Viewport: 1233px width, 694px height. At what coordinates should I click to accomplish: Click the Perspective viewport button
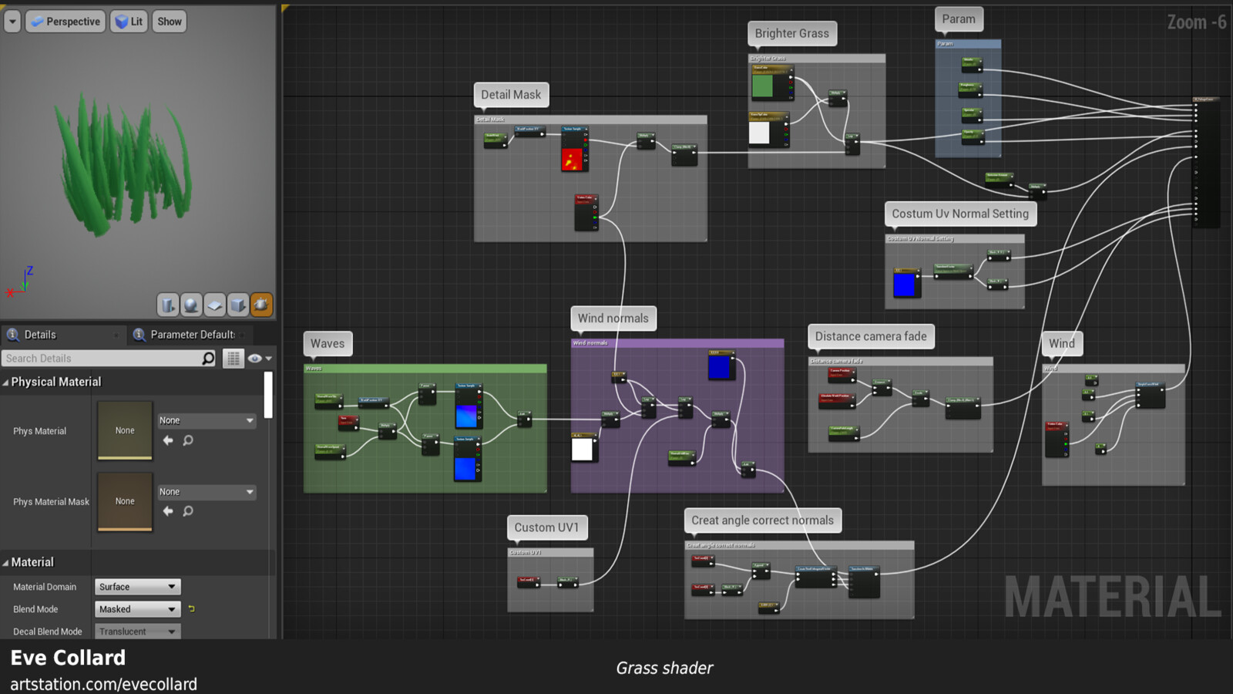(x=66, y=22)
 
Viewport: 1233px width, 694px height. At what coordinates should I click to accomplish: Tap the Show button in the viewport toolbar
(x=170, y=22)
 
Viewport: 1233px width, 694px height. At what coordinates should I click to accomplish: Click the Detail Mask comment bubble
(x=511, y=95)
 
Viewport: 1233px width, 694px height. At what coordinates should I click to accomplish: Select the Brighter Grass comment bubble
(x=791, y=33)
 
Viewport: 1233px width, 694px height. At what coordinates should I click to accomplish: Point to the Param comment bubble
(x=958, y=19)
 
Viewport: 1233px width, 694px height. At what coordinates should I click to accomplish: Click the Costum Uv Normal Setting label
(x=959, y=214)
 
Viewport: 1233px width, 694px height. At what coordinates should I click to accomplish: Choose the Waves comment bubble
(x=328, y=344)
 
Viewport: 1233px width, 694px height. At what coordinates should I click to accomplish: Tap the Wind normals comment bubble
(x=613, y=318)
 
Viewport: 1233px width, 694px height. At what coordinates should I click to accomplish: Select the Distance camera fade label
(x=871, y=336)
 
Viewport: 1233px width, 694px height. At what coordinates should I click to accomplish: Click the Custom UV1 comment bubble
(x=546, y=527)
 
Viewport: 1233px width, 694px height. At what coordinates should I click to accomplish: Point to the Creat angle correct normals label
(x=762, y=520)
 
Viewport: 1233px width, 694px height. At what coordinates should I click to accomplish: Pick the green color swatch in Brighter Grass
(x=762, y=86)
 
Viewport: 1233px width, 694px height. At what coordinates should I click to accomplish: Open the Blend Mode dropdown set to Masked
(x=137, y=609)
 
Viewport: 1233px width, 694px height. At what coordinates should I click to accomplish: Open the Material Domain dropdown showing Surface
(x=137, y=587)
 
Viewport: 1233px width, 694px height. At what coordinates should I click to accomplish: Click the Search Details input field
(x=102, y=359)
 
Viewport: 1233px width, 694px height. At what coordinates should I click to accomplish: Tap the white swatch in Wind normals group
(x=582, y=449)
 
